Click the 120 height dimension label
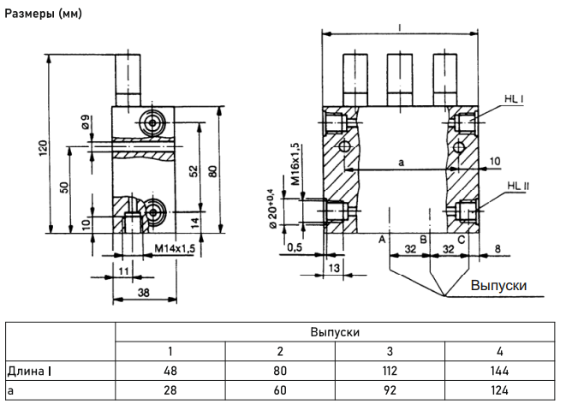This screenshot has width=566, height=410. (x=43, y=147)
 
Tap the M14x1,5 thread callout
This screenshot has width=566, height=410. (x=175, y=248)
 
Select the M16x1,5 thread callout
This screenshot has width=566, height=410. (x=295, y=164)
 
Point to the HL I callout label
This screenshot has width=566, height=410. (x=514, y=98)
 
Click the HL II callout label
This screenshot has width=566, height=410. (x=518, y=186)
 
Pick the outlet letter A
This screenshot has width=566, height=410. (x=382, y=239)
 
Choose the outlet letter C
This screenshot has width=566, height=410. (x=462, y=239)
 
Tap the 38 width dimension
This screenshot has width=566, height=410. (x=143, y=293)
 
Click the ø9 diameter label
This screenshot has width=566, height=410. (x=86, y=122)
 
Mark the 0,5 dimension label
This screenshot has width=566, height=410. (x=295, y=247)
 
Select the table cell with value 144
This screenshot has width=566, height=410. (x=499, y=371)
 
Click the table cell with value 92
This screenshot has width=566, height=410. (x=390, y=390)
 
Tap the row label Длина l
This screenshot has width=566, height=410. (x=29, y=371)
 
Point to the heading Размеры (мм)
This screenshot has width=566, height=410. (x=44, y=14)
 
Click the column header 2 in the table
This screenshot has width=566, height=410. (x=280, y=351)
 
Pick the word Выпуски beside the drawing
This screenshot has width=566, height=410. (x=498, y=285)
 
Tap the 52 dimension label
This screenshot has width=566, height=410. (x=194, y=170)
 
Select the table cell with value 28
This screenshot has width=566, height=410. (x=170, y=390)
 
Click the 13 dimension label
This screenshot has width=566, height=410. (x=335, y=268)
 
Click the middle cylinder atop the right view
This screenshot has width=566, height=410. (x=400, y=80)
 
